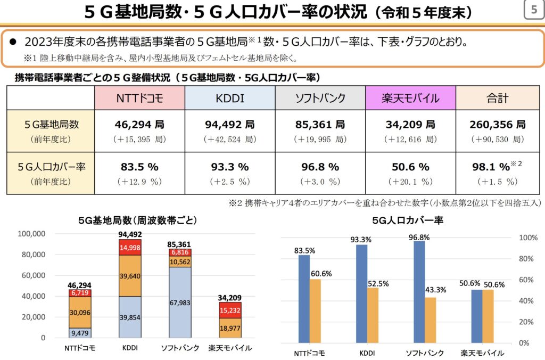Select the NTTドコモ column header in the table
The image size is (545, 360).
click(139, 98)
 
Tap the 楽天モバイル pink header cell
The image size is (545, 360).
click(410, 98)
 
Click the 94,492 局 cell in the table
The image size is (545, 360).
click(229, 125)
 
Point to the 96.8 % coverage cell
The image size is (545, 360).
click(320, 167)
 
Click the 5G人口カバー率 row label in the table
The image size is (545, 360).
click(51, 167)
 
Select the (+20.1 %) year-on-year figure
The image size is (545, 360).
click(410, 182)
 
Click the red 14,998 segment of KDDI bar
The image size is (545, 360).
click(130, 248)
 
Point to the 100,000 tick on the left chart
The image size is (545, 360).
click(32, 234)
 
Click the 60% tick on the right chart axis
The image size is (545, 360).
click(525, 280)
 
